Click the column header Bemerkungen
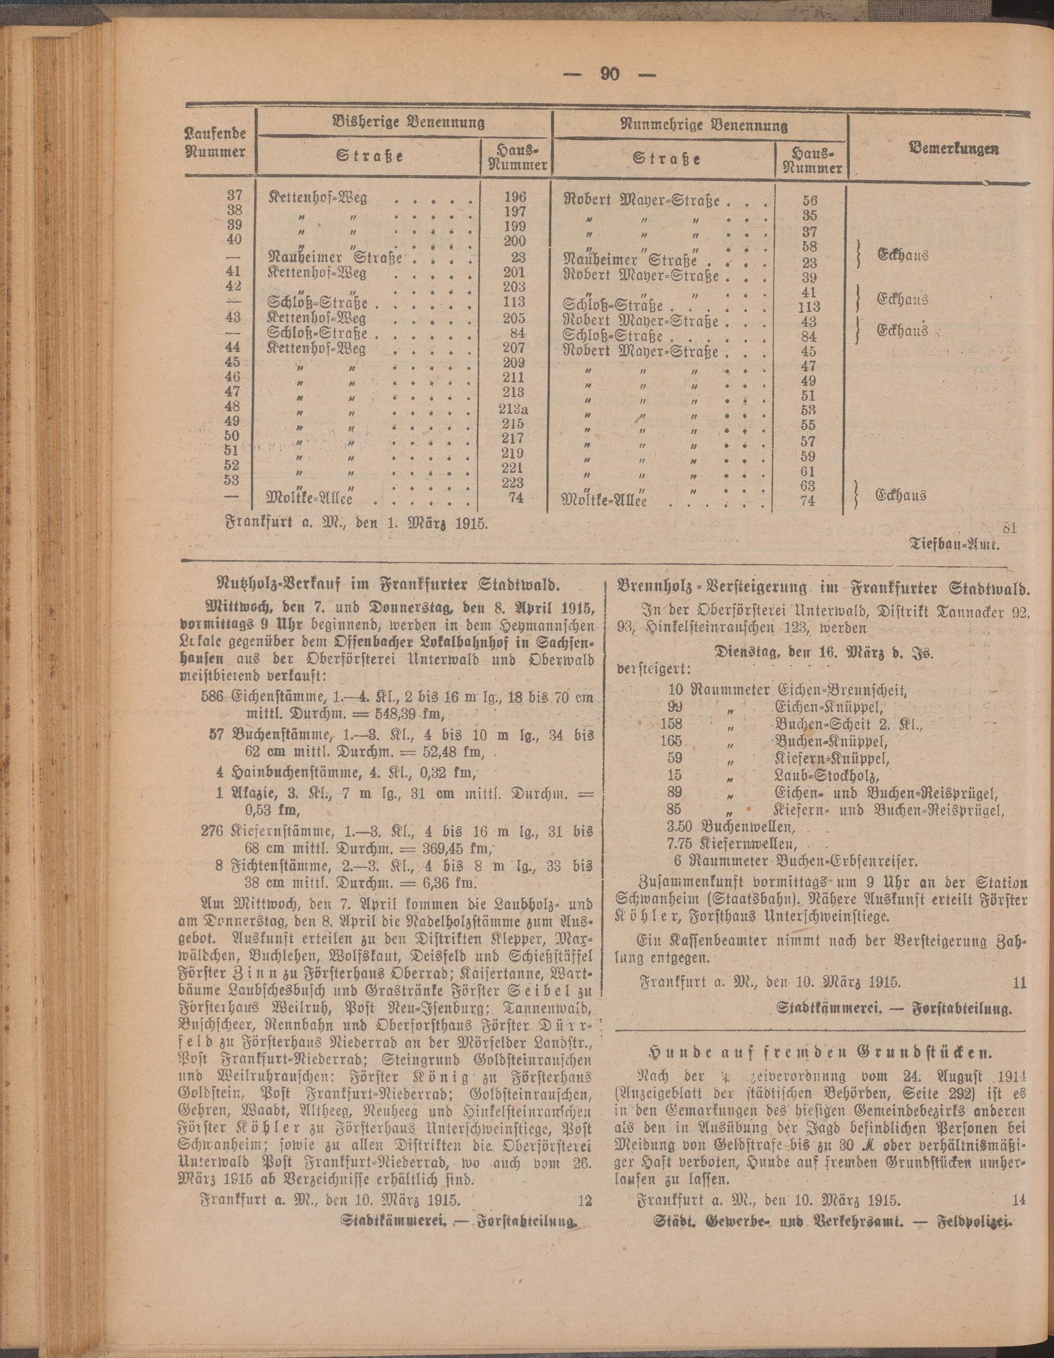(x=954, y=149)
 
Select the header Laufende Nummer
(x=216, y=142)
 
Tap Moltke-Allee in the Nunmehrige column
(x=603, y=500)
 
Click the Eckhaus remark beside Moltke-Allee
(x=902, y=495)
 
